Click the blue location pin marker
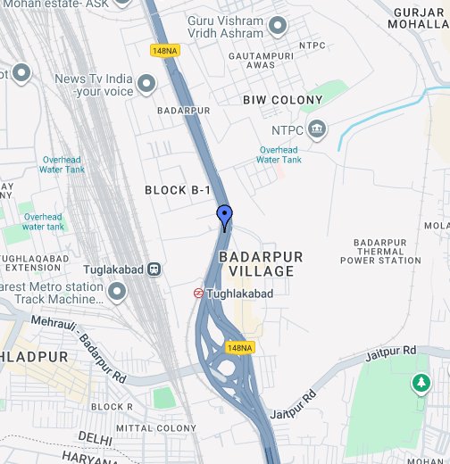225,216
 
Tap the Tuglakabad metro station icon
154,268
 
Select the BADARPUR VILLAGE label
261,263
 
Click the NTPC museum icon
316,130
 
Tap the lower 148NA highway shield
240,347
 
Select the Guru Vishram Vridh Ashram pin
278,26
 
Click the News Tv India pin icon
146,85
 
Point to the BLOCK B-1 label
179,190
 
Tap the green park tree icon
419,383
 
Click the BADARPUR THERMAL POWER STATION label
380,252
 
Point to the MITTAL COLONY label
156,428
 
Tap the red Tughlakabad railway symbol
198,293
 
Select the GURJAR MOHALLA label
418,17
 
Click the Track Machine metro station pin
116,291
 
